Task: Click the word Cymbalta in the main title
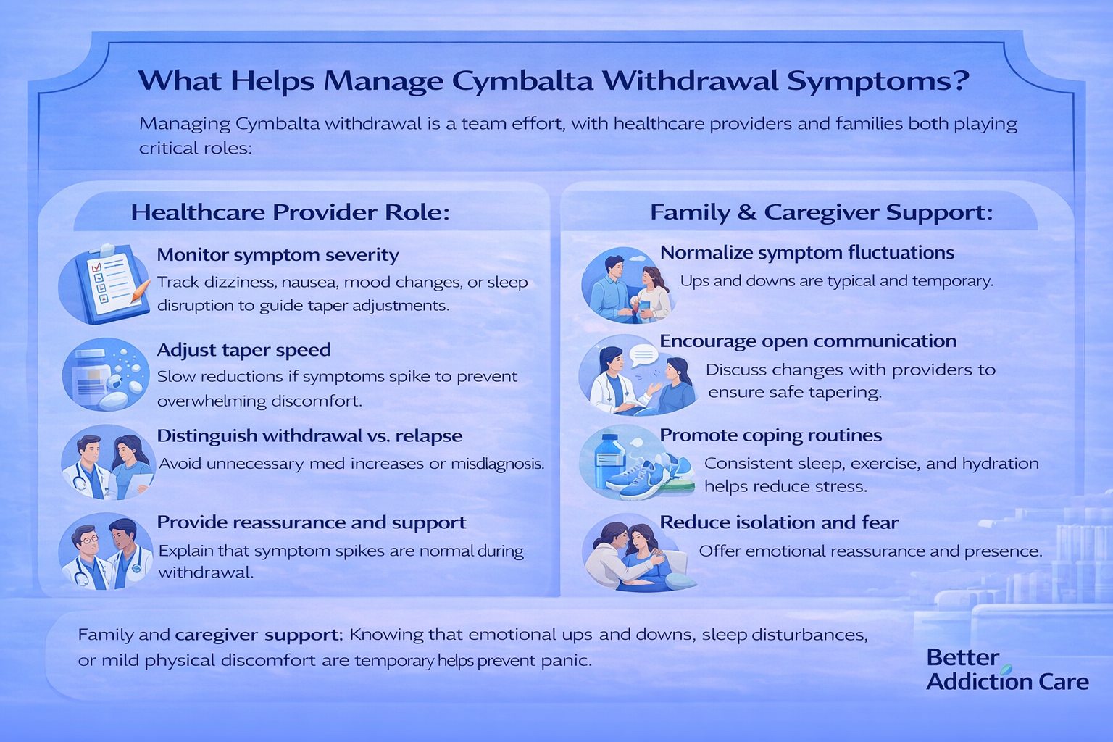click(522, 81)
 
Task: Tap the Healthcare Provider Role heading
click(290, 212)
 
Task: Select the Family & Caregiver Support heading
click(821, 212)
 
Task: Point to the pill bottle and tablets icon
click(105, 374)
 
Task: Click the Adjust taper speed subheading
click(243, 350)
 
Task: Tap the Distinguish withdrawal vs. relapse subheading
click(309, 436)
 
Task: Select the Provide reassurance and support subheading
click(312, 522)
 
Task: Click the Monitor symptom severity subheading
click(278, 255)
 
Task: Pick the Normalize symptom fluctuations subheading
click(807, 252)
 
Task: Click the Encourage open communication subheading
click(808, 341)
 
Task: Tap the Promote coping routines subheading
click(771, 435)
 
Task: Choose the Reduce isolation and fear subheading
click(779, 522)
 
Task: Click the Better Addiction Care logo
click(1007, 670)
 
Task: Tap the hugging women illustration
click(638, 553)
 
